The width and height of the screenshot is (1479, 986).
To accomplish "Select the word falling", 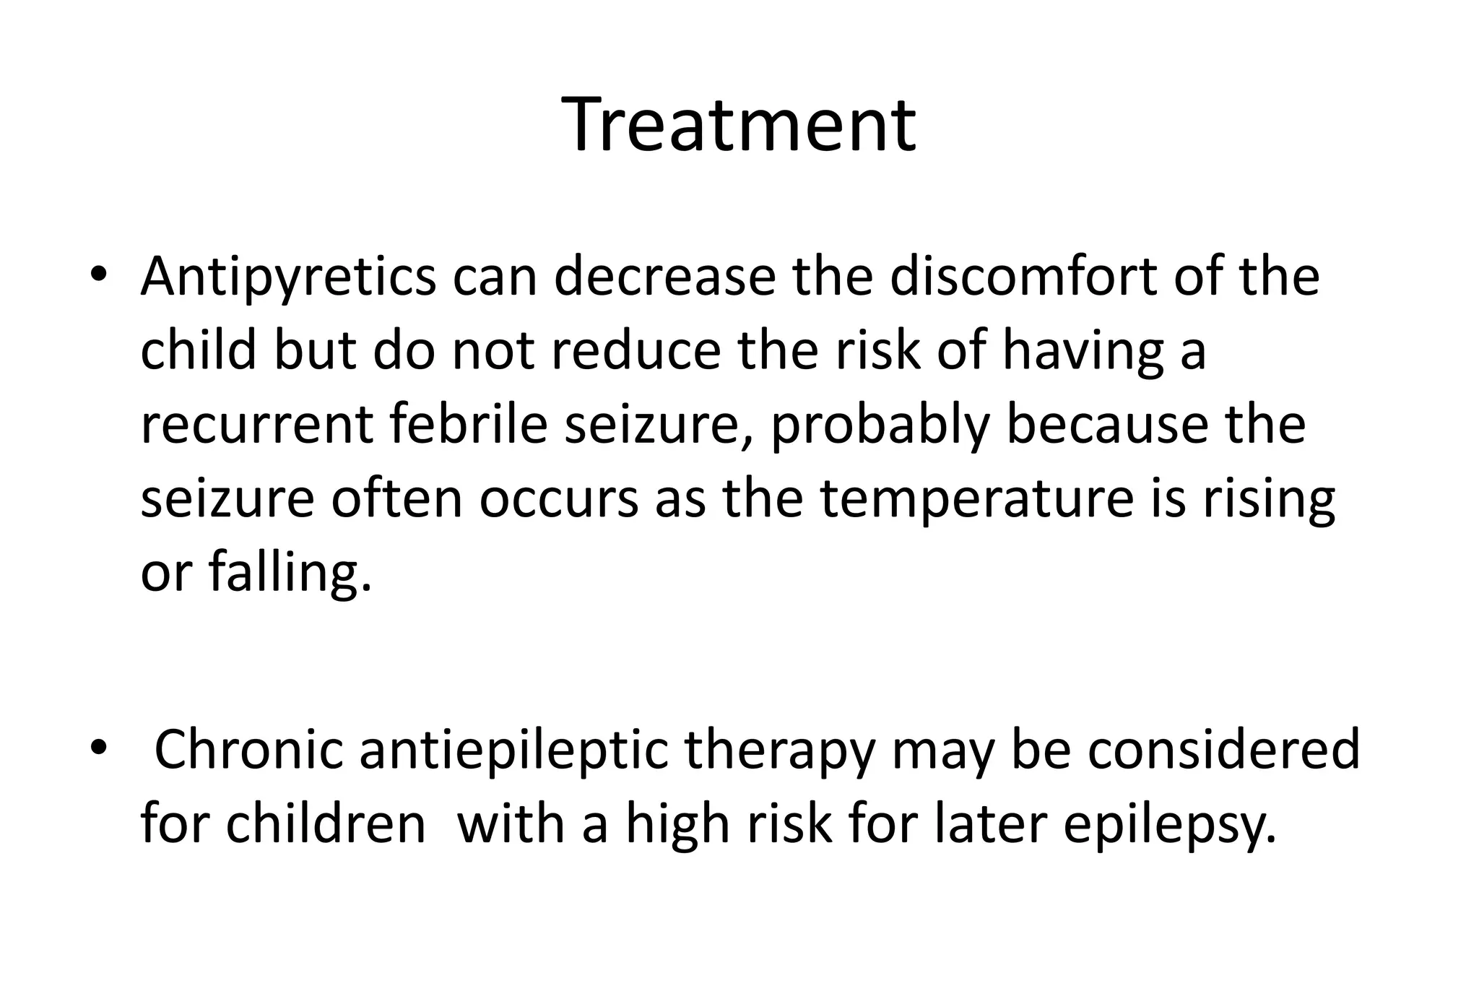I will [x=290, y=574].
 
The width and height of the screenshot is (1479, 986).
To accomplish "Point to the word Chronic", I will [x=248, y=750].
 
